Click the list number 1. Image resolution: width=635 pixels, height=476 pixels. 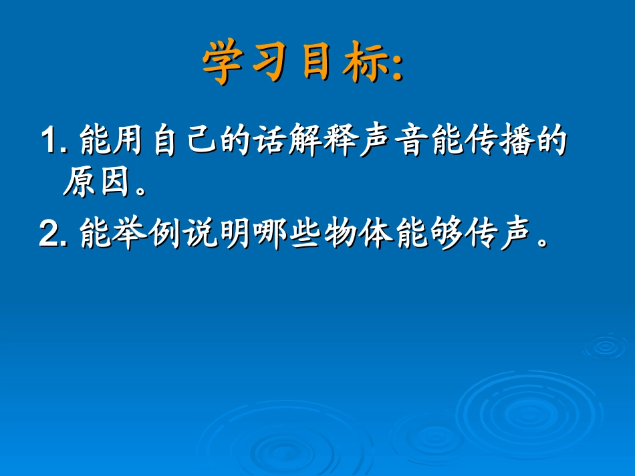(49, 142)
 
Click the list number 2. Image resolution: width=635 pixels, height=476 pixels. (49, 234)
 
